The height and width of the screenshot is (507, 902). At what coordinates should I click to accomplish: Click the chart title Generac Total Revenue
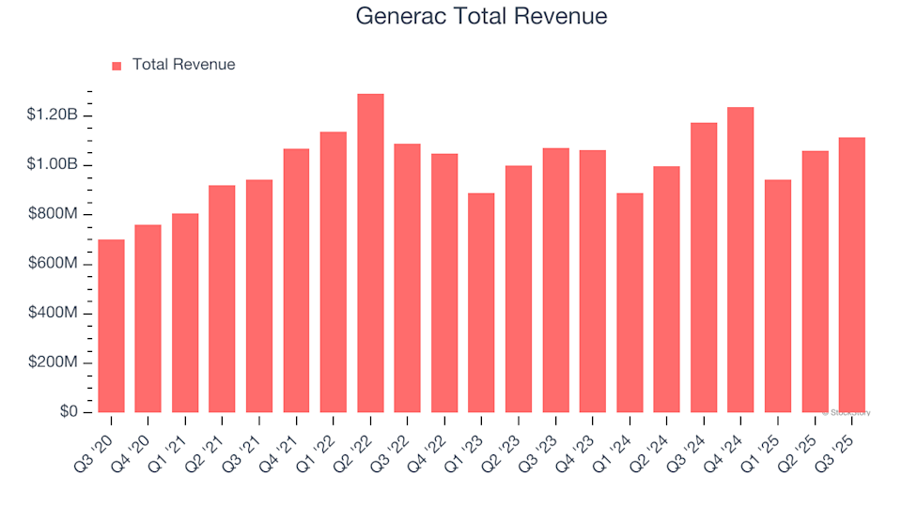coord(481,16)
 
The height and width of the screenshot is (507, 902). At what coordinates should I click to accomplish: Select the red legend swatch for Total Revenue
coord(117,66)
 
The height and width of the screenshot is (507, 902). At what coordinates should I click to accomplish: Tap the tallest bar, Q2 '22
coord(370,253)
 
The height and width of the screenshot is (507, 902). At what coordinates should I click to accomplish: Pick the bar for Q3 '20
coord(111,326)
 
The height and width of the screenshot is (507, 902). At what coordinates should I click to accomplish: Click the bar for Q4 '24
coord(740,260)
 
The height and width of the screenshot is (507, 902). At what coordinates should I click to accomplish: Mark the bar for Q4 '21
coord(296,281)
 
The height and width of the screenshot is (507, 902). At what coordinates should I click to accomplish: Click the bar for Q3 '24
coord(704,268)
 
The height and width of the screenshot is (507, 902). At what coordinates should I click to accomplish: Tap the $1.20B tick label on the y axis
coord(54,115)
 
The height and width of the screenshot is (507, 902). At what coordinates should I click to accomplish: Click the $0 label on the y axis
coord(69,412)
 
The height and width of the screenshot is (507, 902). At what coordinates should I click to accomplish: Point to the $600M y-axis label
coord(53,264)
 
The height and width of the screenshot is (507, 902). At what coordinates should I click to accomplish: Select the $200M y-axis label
coord(53,363)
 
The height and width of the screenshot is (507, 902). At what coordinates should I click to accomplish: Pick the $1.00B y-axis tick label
coord(54,165)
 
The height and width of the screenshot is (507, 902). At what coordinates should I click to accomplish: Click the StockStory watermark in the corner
coord(847,412)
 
